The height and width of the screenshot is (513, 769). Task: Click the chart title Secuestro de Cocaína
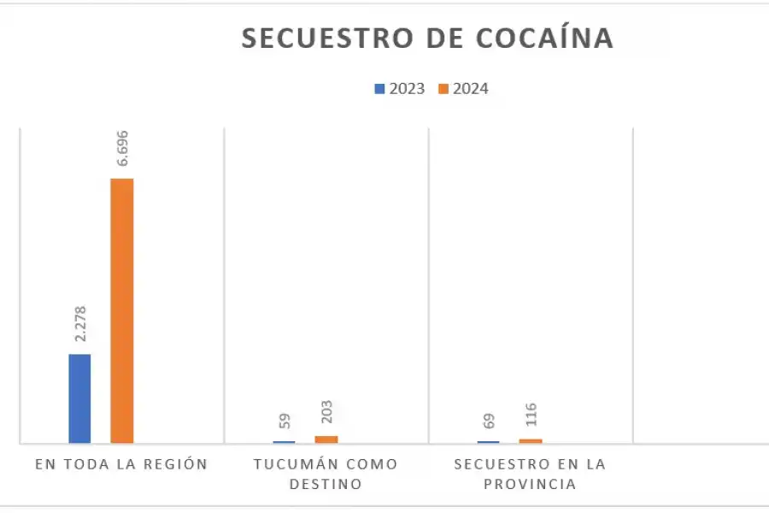pos(427,38)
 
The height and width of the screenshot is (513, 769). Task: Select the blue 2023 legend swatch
pos(379,88)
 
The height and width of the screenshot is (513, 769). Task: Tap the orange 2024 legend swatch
pos(443,88)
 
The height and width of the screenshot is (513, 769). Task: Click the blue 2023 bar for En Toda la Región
pos(79,398)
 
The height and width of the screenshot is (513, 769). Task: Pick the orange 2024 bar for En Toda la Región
pos(121,310)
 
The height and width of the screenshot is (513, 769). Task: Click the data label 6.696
pos(121,151)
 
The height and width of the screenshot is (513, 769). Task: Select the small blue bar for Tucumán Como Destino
pos(284,441)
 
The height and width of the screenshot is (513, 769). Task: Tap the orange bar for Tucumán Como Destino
pos(326,439)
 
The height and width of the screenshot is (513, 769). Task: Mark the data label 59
pos(285,421)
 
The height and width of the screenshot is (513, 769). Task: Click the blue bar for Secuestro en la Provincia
pos(488,441)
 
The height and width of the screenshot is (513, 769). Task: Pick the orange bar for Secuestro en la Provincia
pos(531,440)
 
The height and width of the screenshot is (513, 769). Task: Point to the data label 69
pos(489,421)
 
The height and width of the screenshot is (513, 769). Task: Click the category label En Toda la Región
pos(121,464)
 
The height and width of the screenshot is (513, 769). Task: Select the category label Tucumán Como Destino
pos(326,474)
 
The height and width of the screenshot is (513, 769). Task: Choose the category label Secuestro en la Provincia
pos(530,474)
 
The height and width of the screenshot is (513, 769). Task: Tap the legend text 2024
pos(471,88)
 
